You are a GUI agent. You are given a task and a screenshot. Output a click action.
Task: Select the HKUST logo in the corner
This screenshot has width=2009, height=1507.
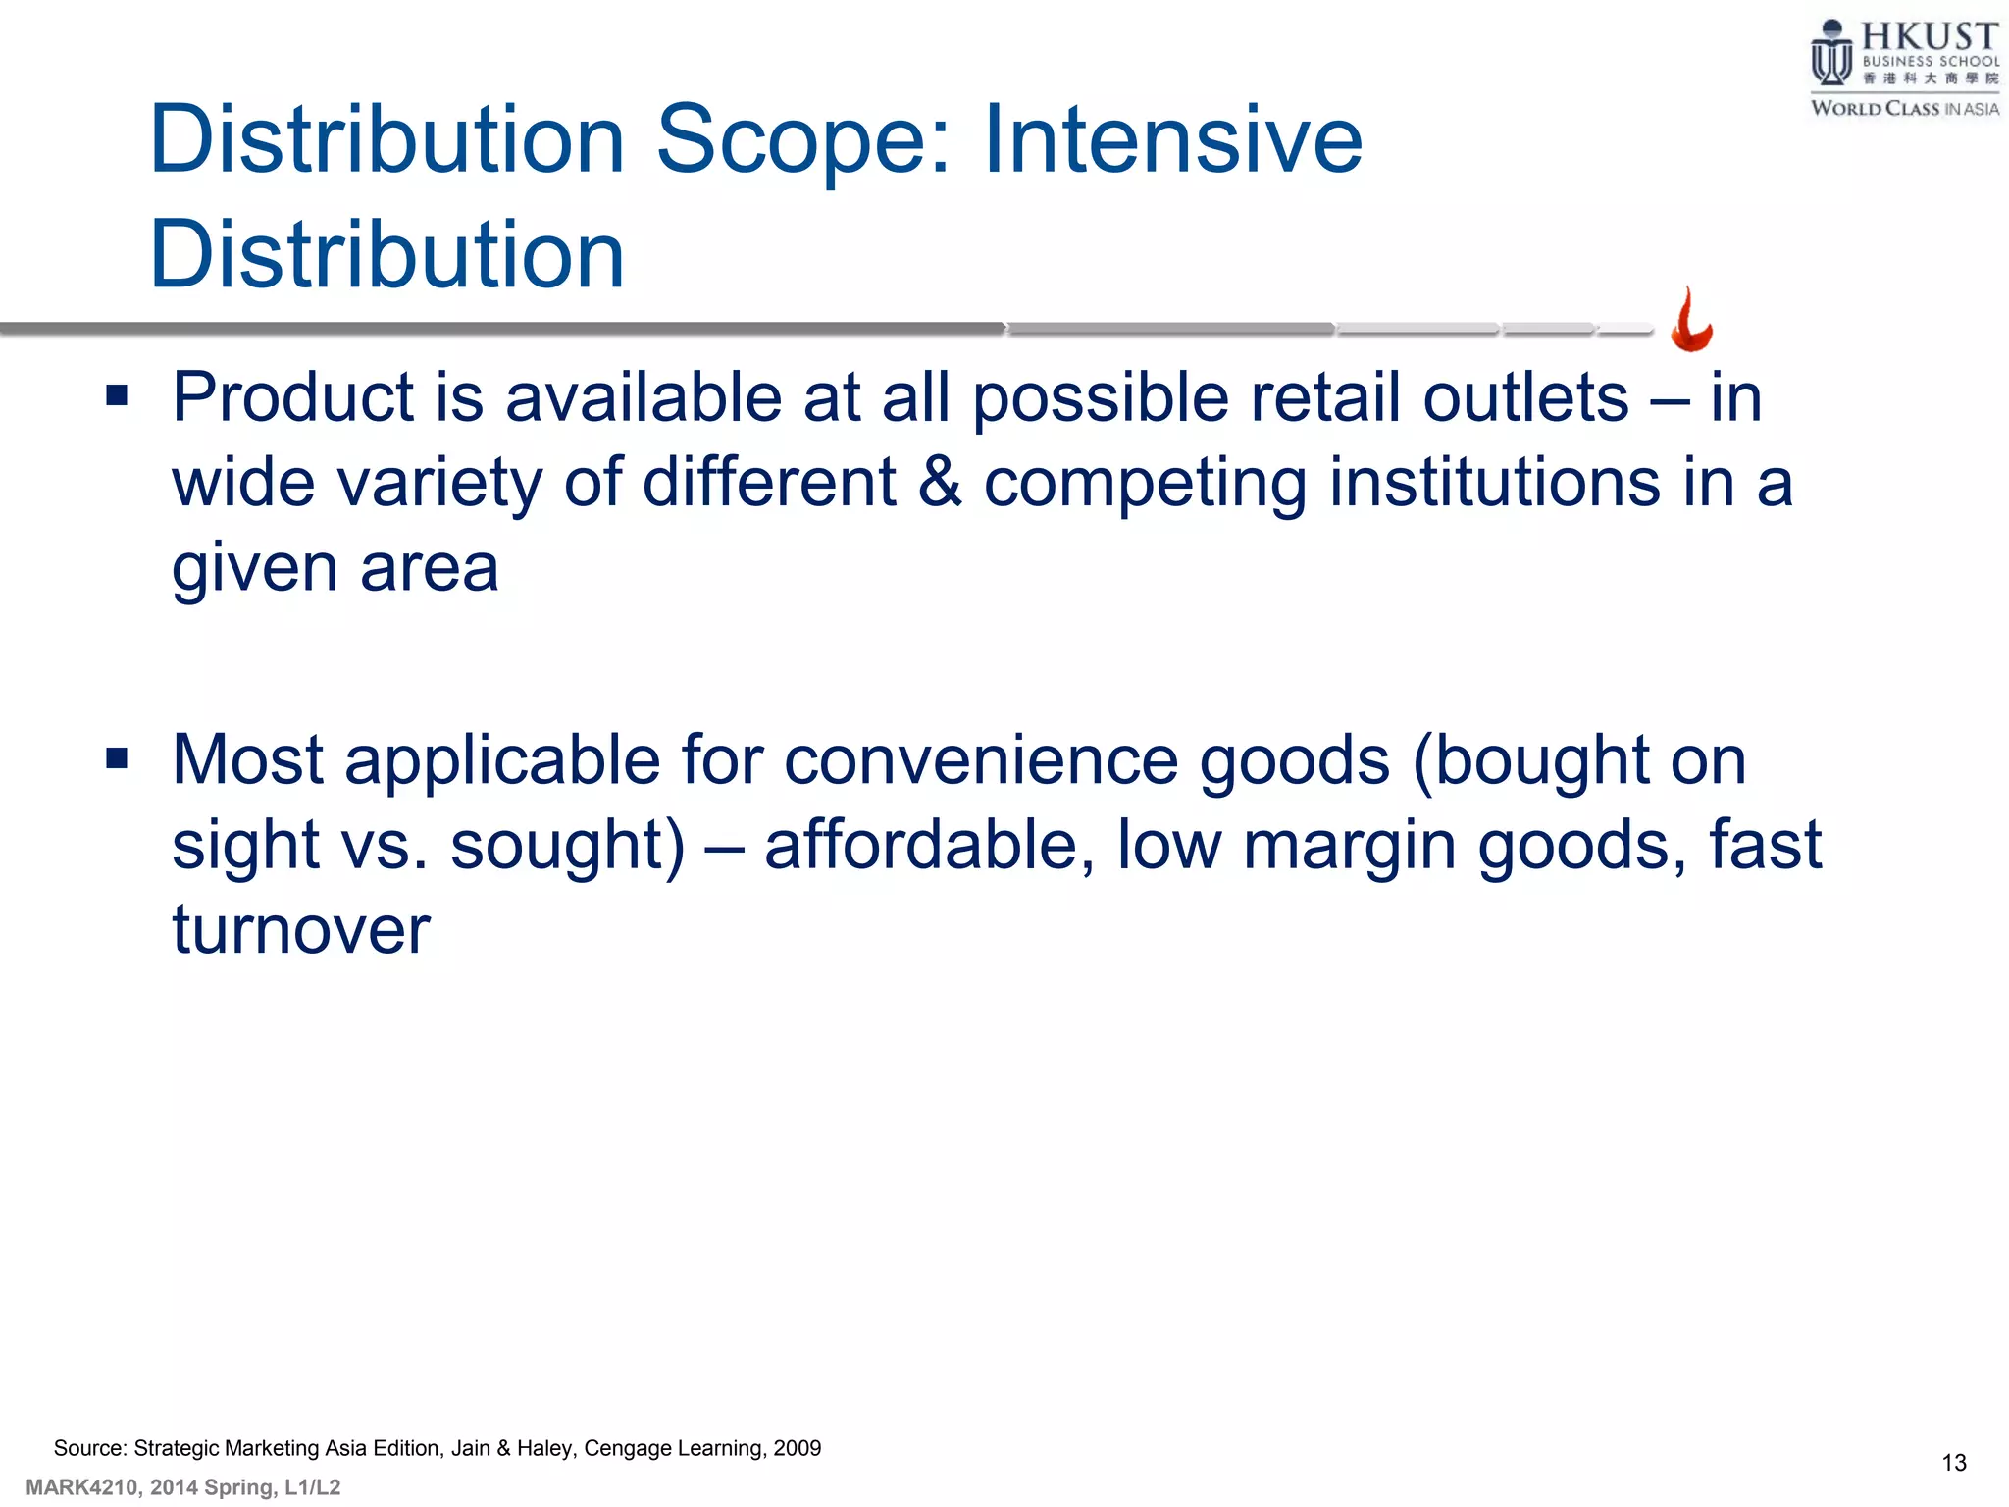click(x=1903, y=69)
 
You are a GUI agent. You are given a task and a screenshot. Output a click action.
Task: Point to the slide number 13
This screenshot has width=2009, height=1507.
click(x=1954, y=1463)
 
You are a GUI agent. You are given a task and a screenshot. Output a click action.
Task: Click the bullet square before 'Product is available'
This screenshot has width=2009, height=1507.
click(x=118, y=396)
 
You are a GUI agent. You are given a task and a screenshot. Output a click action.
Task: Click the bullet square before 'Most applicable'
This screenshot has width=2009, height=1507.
click(x=118, y=758)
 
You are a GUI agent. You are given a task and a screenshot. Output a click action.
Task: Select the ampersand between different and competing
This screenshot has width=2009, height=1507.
click(x=940, y=483)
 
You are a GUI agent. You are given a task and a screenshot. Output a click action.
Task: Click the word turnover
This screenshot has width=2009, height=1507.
click(x=301, y=929)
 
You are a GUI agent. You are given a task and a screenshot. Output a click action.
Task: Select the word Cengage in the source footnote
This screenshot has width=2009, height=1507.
click(x=626, y=1449)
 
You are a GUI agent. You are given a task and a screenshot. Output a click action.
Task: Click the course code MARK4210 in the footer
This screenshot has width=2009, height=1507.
click(x=81, y=1487)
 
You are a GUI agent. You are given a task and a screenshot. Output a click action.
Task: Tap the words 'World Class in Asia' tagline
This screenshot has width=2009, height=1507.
click(x=1904, y=108)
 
